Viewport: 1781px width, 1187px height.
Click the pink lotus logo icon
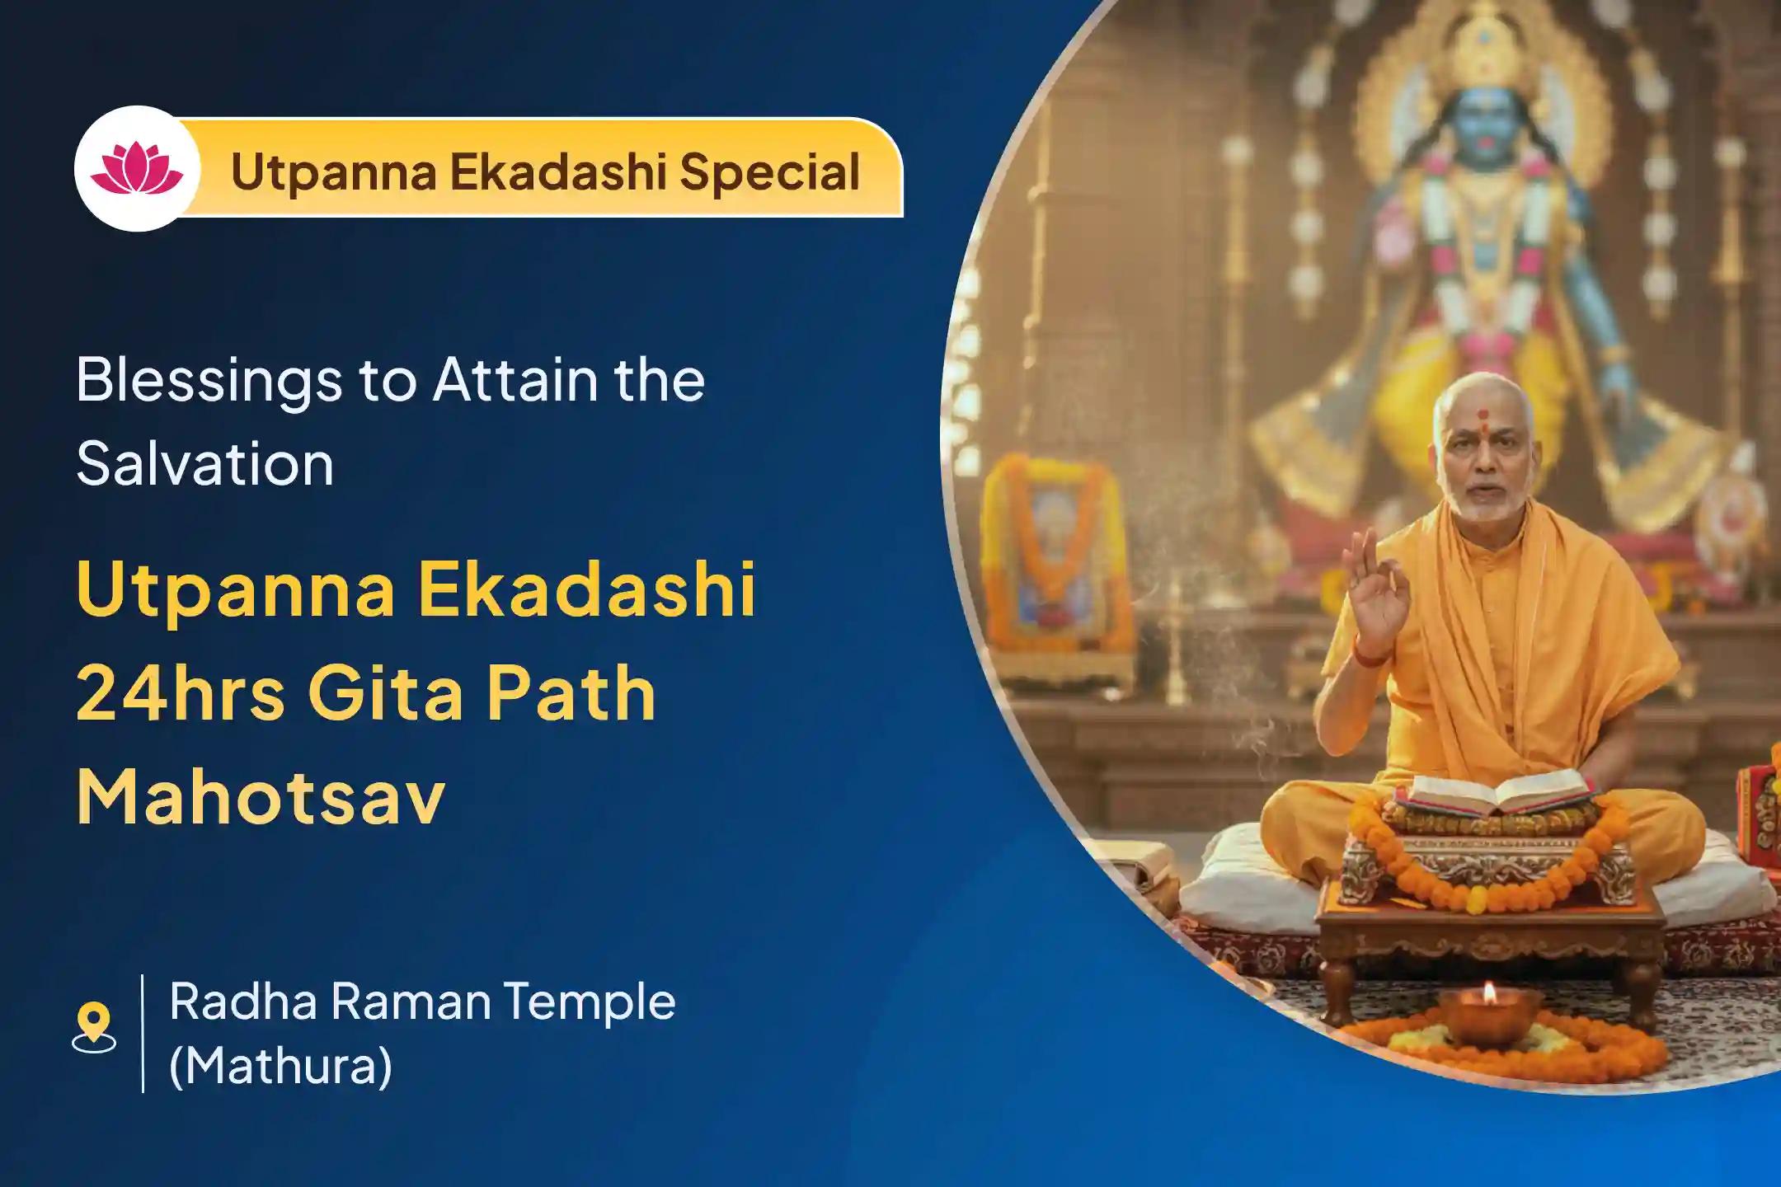click(x=137, y=168)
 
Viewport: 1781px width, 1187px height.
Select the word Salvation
click(x=205, y=464)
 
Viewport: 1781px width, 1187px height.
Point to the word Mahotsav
click(x=261, y=797)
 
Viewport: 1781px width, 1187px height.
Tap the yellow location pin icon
click(x=94, y=1026)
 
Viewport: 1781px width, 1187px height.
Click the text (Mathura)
click(x=280, y=1066)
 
